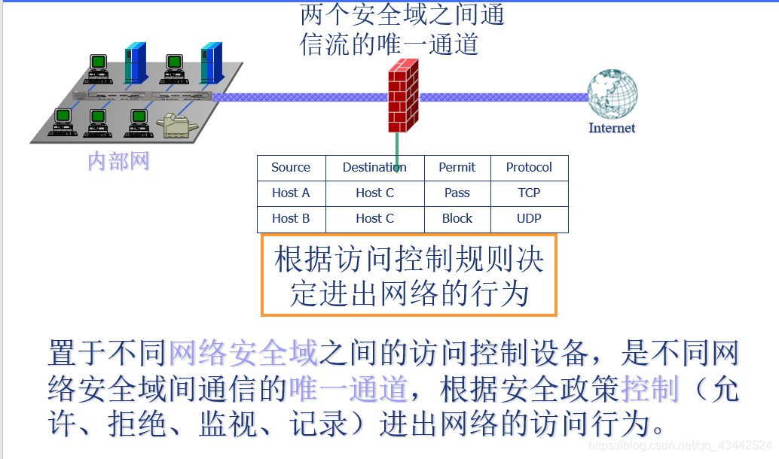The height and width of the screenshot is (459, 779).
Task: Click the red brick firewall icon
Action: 402,96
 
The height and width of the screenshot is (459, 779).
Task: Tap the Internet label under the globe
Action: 611,128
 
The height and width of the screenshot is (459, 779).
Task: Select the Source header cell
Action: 291,168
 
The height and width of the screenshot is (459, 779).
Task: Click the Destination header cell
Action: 374,168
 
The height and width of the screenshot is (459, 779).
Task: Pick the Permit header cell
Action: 457,168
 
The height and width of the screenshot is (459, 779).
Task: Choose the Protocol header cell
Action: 529,168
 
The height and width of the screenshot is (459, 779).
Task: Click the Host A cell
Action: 291,193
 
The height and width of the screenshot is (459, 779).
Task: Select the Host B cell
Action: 291,219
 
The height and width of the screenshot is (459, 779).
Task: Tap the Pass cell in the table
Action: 457,193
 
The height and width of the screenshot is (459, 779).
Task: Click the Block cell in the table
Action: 457,219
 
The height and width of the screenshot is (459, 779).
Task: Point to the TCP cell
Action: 529,193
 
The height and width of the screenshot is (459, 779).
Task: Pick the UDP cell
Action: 529,219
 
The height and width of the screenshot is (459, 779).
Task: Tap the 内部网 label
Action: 118,161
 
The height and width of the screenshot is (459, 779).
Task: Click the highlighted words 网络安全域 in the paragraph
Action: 243,353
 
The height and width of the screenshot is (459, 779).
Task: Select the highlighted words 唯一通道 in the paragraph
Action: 347,390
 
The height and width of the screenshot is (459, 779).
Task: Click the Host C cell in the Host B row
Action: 374,219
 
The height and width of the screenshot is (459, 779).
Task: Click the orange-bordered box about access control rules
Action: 408,275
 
